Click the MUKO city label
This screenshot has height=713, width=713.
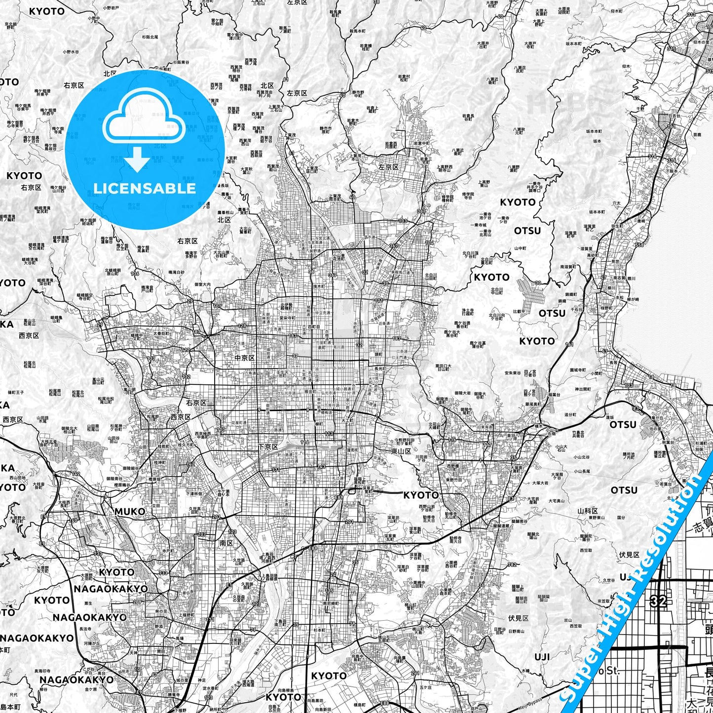pos(130,511)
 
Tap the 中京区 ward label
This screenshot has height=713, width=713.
pos(245,358)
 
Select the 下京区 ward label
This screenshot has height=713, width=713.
pos(268,447)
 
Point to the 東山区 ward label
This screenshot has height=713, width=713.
pos(401,451)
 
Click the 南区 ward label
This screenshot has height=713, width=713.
pos(226,543)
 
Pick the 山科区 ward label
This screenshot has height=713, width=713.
pos(588,511)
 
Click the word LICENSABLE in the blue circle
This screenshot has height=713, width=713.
pos(145,188)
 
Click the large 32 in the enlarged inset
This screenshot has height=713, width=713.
pos(658,600)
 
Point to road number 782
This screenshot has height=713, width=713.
pos(512,565)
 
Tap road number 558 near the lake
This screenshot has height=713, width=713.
pos(639,245)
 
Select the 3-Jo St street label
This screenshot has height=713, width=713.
pos(339,368)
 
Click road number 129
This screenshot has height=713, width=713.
pos(242,326)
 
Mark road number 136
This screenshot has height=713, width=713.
pos(135,273)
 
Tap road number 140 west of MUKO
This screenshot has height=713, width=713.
pos(74,520)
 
